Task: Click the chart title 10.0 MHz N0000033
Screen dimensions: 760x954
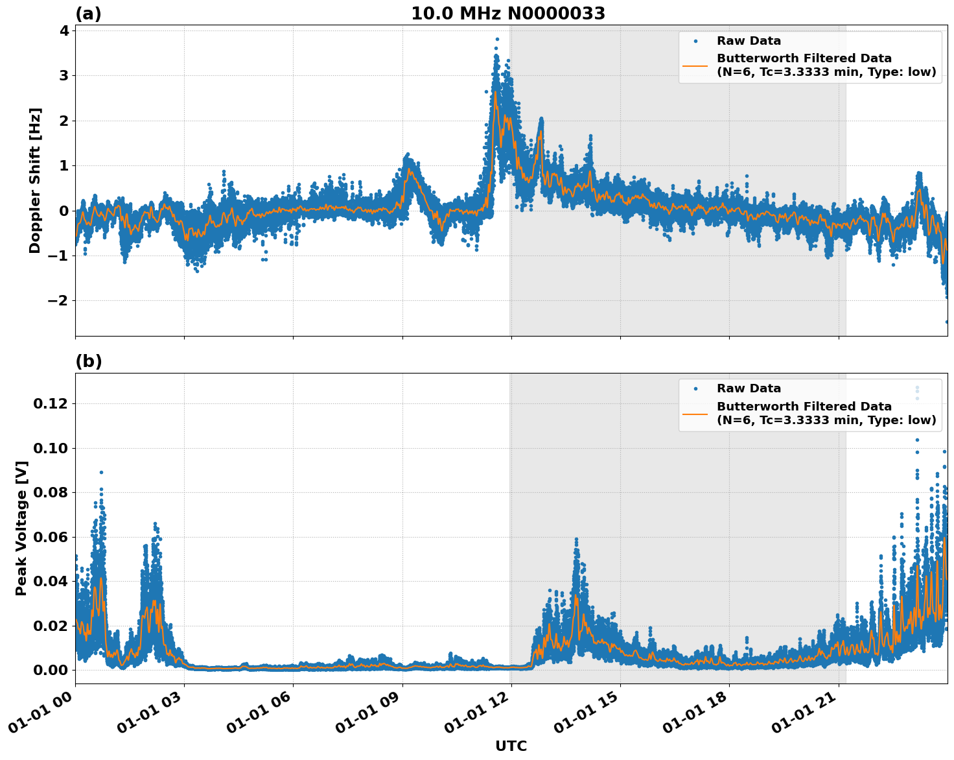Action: [507, 14]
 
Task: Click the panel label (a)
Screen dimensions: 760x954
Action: [88, 14]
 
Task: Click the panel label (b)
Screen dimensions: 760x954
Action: [88, 361]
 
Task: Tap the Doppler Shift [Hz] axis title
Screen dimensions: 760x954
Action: [35, 180]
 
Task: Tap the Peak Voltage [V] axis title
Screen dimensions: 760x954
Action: [21, 528]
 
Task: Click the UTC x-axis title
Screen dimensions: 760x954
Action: [511, 746]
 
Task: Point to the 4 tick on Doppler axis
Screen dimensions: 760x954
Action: [64, 30]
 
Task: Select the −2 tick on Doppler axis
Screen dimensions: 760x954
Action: [58, 300]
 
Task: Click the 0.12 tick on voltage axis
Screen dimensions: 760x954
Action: [51, 403]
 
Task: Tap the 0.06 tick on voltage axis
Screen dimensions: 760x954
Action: [51, 537]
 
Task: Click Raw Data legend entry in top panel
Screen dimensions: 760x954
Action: [749, 41]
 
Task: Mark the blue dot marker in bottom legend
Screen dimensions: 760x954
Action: [695, 388]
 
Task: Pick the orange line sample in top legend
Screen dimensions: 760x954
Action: [695, 65]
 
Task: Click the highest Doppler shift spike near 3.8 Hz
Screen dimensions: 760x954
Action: [497, 40]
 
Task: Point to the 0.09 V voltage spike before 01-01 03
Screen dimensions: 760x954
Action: [101, 473]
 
